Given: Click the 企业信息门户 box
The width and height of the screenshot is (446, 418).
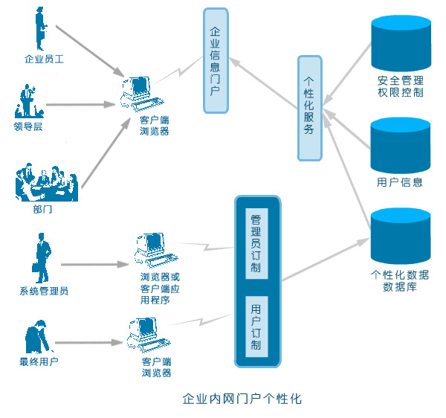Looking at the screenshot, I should (x=216, y=60).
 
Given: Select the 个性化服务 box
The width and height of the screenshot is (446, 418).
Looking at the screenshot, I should (x=309, y=108).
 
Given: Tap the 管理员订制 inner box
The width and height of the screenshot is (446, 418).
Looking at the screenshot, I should (x=256, y=243).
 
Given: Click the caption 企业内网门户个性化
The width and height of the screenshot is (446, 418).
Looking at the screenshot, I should (x=242, y=398).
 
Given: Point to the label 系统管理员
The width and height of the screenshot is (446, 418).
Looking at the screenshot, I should (x=44, y=291).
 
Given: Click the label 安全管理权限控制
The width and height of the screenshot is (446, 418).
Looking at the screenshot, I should (x=401, y=87).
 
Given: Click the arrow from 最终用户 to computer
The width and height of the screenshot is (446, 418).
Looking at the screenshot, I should (x=88, y=344).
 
